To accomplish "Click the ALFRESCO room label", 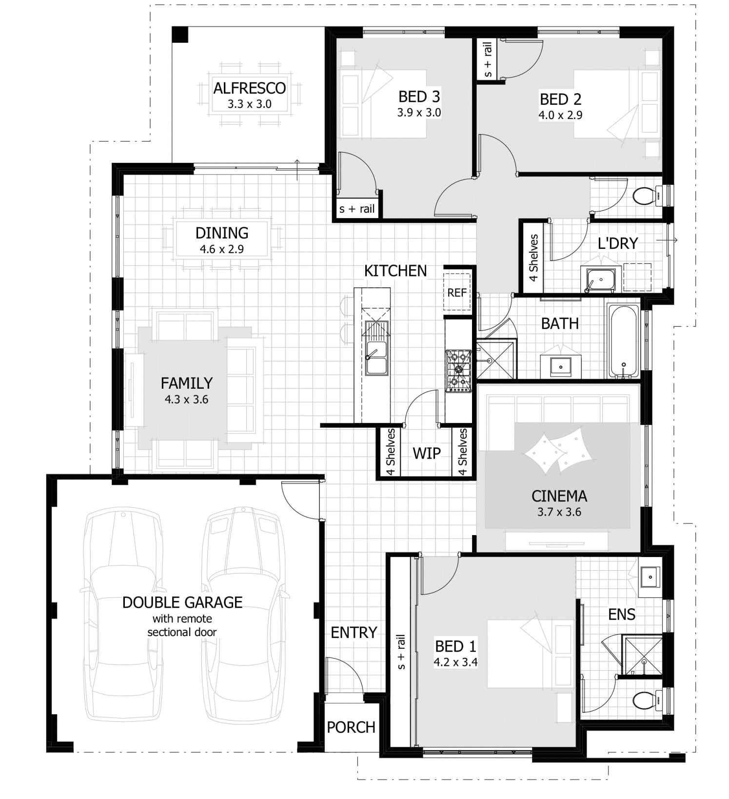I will click(x=249, y=88).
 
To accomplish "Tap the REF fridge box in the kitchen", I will click(x=456, y=293).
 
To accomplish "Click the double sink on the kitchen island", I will click(x=376, y=358).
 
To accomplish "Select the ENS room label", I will click(x=622, y=614).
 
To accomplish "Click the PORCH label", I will click(x=351, y=727).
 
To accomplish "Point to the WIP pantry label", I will click(x=427, y=453).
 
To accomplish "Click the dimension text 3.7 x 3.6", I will click(x=559, y=512).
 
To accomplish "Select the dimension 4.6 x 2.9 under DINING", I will click(x=221, y=249).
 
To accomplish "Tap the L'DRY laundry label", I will click(x=618, y=243).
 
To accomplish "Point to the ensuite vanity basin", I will click(x=649, y=578).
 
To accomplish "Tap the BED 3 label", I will click(x=419, y=97).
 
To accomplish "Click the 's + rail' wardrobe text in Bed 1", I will click(x=401, y=652).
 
